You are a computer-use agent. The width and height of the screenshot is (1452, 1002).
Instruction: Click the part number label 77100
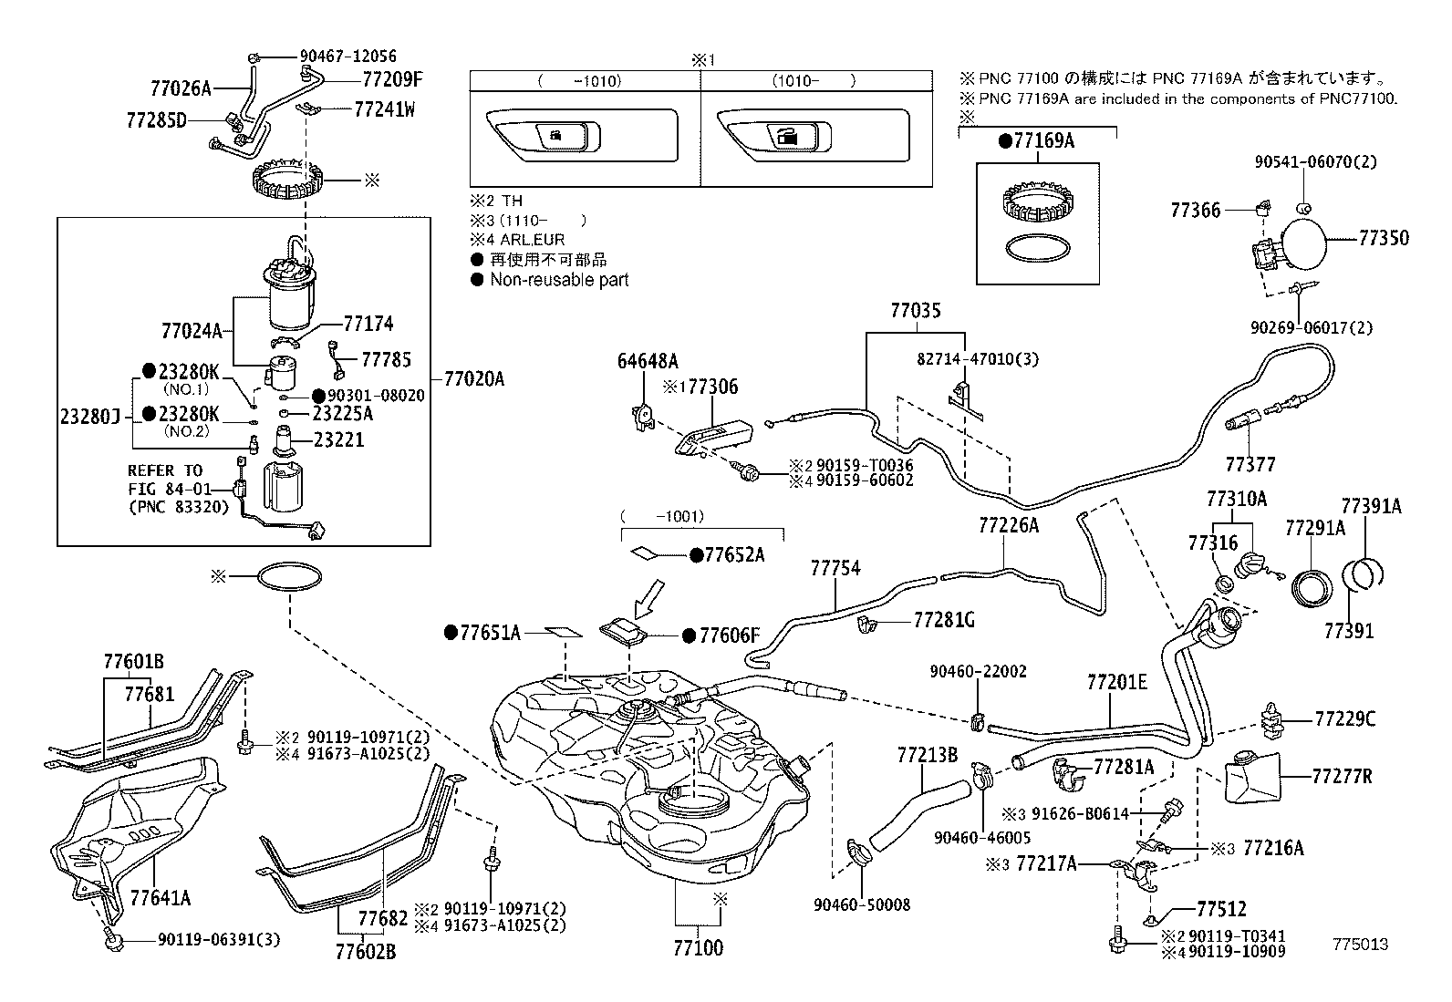click(698, 948)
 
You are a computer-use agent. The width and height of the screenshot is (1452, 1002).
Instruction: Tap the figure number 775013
click(1360, 945)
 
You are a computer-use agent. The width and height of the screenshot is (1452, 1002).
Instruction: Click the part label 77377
click(1250, 464)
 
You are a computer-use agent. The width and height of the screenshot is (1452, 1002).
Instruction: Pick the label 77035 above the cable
click(915, 311)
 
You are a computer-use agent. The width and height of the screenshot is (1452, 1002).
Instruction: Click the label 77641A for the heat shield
click(161, 898)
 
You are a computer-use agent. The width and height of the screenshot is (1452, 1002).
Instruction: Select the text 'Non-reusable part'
click(559, 280)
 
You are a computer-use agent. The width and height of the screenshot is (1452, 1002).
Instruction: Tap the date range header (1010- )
click(814, 80)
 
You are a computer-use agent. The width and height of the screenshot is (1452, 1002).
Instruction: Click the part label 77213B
click(927, 755)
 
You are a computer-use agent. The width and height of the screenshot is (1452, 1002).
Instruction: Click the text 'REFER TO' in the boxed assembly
click(165, 470)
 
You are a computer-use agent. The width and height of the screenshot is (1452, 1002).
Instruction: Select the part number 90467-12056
click(347, 57)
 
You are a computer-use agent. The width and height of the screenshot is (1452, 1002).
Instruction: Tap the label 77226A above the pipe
click(1009, 525)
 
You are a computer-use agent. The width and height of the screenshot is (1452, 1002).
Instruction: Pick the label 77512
click(1220, 909)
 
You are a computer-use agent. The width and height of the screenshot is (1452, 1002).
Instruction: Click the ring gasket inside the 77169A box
click(1037, 249)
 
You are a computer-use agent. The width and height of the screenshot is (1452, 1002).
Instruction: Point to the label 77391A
click(1370, 506)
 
